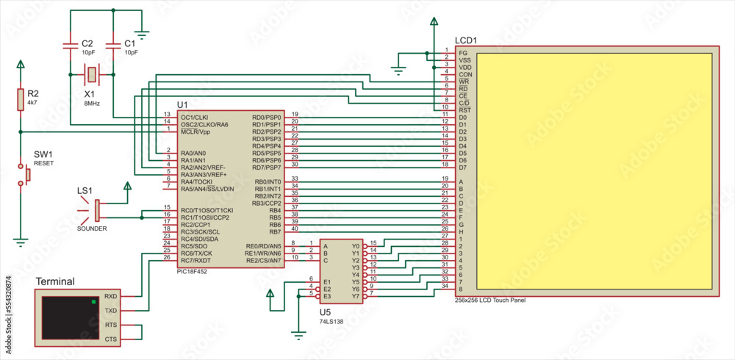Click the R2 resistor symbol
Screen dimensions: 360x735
point(21,99)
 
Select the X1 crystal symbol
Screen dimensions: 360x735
point(92,73)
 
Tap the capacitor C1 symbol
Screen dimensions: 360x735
point(114,46)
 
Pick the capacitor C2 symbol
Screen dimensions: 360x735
point(71,46)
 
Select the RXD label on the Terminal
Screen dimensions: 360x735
point(110,296)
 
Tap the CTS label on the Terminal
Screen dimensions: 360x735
point(110,339)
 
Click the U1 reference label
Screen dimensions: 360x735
point(183,104)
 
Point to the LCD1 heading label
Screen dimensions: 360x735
point(465,40)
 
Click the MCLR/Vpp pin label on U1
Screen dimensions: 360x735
point(195,132)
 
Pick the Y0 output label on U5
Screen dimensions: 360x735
point(356,246)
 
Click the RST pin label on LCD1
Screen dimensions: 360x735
point(463,109)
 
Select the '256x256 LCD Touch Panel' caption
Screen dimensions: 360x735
point(490,300)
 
